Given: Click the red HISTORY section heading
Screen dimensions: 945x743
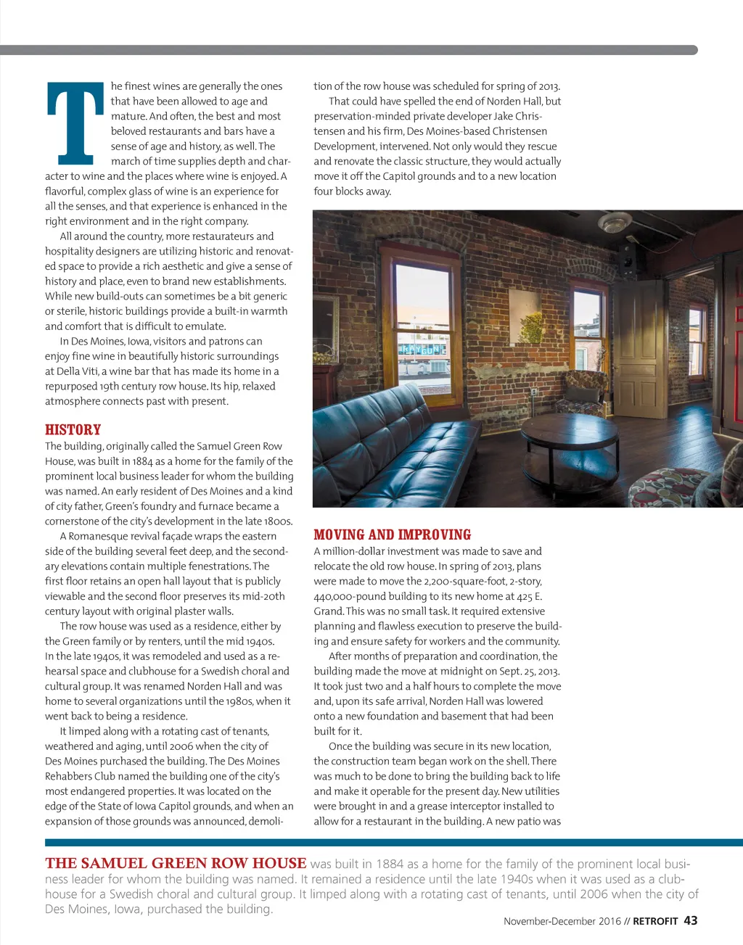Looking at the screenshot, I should pyautogui.click(x=73, y=429).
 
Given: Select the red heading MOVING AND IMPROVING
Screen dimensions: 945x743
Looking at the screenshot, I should pyautogui.click(x=392, y=535).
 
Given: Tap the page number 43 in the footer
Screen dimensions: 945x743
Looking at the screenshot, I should pyautogui.click(x=691, y=920).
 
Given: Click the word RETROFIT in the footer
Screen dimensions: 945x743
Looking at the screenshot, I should pyautogui.click(x=655, y=921).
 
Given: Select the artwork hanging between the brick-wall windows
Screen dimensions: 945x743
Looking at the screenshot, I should pyautogui.click(x=526, y=315).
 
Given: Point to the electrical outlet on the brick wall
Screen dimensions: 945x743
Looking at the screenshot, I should pyautogui.click(x=534, y=392).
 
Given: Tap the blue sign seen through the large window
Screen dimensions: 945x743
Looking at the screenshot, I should pyautogui.click(x=421, y=350).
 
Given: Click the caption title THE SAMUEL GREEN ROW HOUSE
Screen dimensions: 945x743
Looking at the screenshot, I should pyautogui.click(x=176, y=863).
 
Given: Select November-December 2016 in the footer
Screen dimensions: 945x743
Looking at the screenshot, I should pyautogui.click(x=562, y=921).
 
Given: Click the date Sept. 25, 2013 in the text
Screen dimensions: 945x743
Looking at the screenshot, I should pyautogui.click(x=529, y=671).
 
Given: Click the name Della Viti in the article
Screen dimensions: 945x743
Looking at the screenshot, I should pyautogui.click(x=76, y=371).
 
